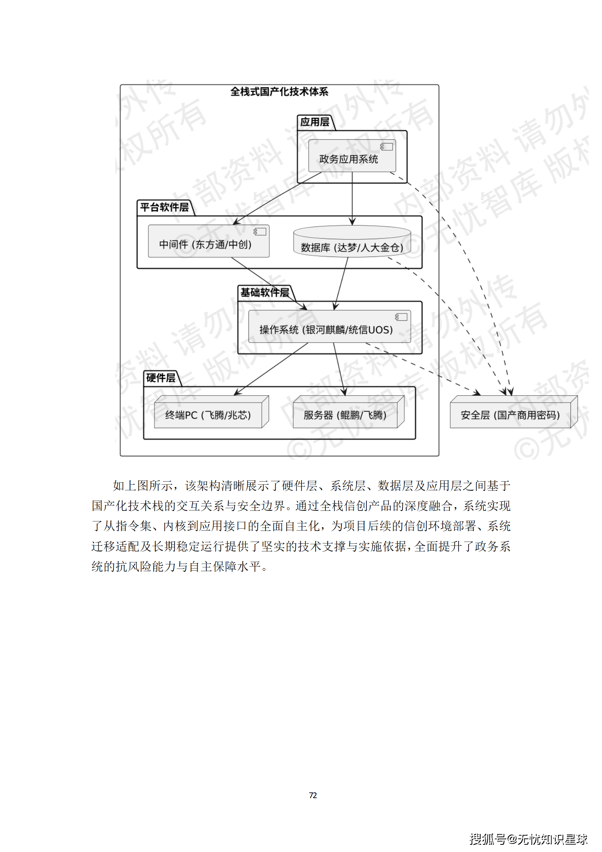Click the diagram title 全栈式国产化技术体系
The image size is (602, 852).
(x=279, y=92)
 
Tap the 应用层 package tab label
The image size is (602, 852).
(x=314, y=122)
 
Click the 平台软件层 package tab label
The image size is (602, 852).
(x=164, y=207)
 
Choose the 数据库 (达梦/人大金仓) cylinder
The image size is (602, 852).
(x=352, y=243)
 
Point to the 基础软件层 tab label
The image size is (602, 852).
(x=264, y=293)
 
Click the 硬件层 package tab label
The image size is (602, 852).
(x=160, y=378)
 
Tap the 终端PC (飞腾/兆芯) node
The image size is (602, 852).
(x=208, y=415)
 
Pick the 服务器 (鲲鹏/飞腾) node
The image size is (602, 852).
(x=345, y=415)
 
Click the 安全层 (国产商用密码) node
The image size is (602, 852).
(x=510, y=415)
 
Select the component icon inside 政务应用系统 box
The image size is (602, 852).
(x=387, y=147)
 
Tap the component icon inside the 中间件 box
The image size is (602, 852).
(x=260, y=232)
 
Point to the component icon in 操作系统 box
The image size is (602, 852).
(x=401, y=317)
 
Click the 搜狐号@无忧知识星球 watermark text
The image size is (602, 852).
(x=528, y=839)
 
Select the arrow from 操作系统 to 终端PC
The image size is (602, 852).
(x=271, y=369)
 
